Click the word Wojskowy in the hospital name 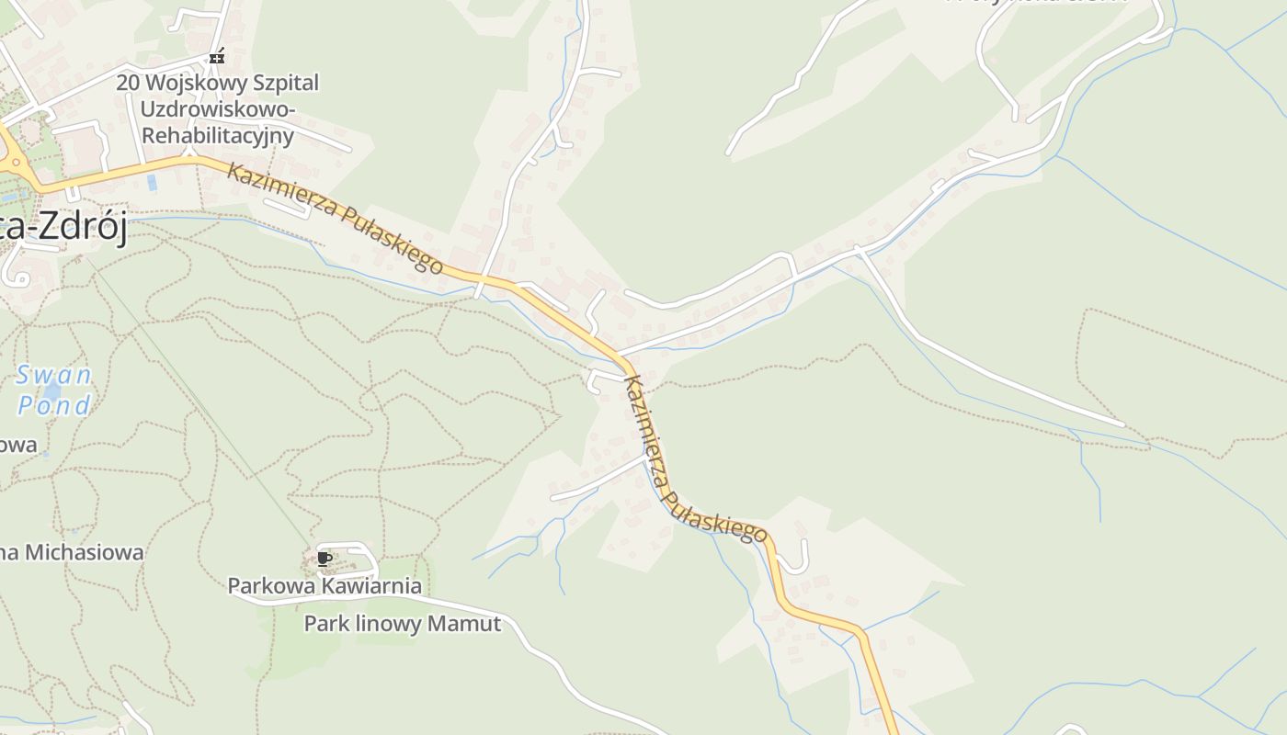196,84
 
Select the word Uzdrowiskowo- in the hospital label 218,109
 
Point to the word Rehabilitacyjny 217,136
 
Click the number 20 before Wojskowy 128,83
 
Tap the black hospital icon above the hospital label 217,57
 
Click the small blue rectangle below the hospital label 152,182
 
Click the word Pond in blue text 55,405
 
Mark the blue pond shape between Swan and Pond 51,391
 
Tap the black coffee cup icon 324,558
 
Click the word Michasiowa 85,552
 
